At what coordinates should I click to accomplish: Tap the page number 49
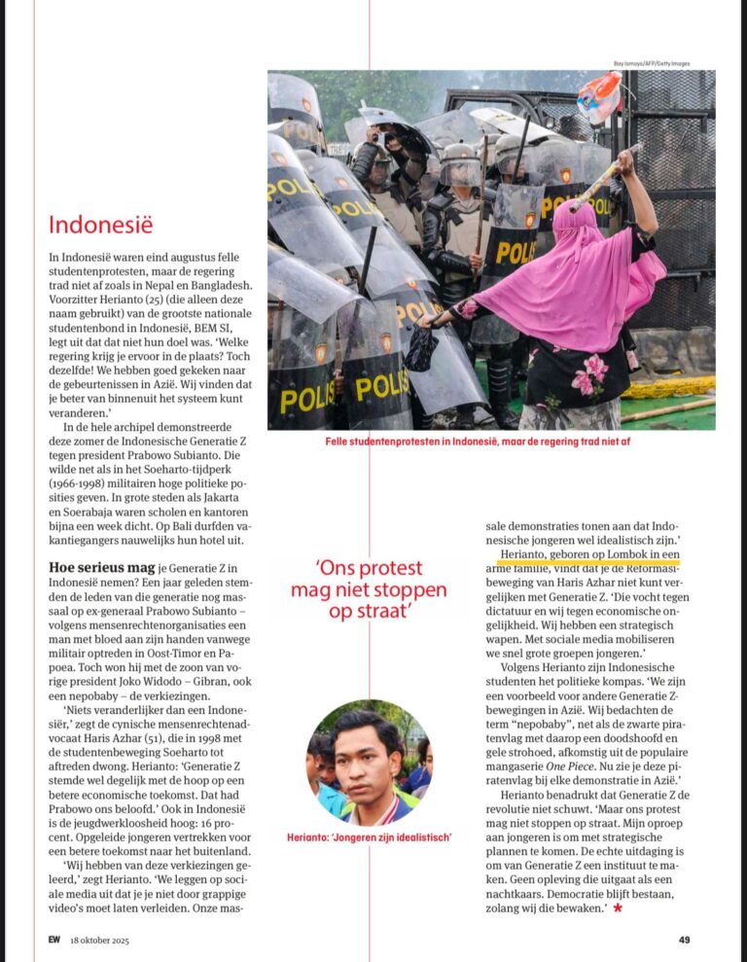[x=685, y=940]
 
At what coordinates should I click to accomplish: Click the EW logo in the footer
[x=54, y=940]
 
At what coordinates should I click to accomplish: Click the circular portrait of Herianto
[x=369, y=763]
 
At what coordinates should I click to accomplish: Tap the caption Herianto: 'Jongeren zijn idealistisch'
[x=369, y=837]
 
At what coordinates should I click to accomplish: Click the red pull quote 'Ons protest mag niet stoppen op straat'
[x=369, y=590]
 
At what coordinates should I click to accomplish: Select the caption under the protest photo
[x=491, y=442]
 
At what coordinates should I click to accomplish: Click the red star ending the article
[x=618, y=908]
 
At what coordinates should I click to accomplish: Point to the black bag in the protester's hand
[x=421, y=349]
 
